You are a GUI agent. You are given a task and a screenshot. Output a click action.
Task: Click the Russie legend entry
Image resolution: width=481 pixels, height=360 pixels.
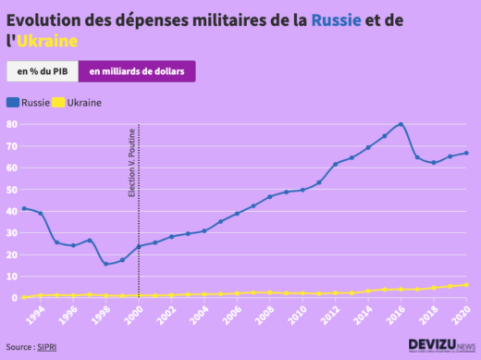coord(29,102)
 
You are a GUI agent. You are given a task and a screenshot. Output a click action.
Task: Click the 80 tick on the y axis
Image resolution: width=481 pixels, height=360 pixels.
coord(12,124)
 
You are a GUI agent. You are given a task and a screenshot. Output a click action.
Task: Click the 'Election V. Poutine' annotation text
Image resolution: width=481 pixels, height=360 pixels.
coord(132,164)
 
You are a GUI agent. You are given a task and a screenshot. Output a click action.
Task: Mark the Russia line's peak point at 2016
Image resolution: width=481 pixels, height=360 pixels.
coord(401,124)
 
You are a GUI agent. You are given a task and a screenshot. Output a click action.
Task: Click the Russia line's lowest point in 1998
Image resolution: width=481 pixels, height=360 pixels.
coord(105,264)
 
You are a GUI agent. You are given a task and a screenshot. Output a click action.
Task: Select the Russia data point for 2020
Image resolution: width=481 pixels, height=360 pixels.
coord(466,153)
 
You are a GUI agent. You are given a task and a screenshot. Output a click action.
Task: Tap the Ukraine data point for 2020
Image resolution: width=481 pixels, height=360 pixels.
coord(466,285)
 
